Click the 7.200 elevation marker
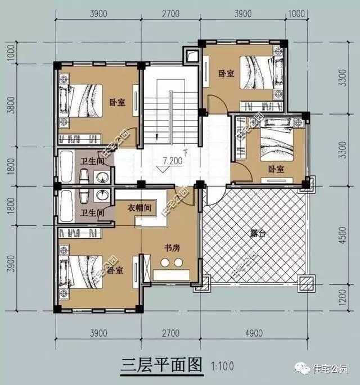click(172, 161)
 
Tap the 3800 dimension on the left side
click(10, 107)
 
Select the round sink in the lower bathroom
click(102, 195)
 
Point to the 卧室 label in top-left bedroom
click(116, 102)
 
